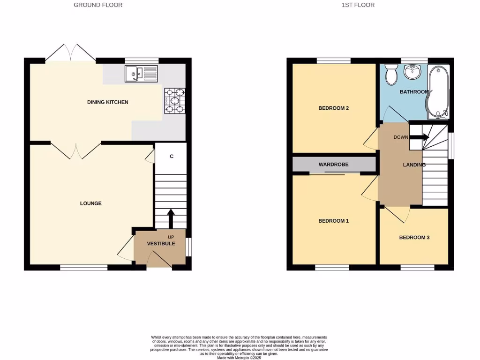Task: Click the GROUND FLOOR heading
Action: (98, 5)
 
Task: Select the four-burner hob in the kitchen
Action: (174, 101)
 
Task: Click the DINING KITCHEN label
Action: (107, 102)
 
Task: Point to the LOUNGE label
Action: (91, 203)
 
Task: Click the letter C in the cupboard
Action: (172, 156)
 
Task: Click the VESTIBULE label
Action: (161, 244)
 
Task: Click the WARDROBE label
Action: (333, 165)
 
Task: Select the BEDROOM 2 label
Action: (333, 108)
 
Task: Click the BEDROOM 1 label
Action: (333, 221)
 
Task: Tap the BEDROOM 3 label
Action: (414, 238)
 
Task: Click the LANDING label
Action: (414, 165)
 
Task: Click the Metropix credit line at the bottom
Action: (239, 358)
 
